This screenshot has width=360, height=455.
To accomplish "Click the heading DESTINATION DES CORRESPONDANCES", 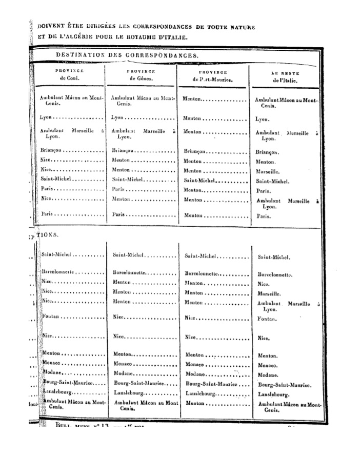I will [x=127, y=54].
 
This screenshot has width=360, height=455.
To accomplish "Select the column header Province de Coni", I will [x=69, y=75].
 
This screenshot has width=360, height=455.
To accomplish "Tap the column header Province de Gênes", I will [x=141, y=75].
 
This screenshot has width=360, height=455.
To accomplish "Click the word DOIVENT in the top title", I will [x=50, y=27].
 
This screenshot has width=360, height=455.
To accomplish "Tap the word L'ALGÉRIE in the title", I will [x=75, y=37].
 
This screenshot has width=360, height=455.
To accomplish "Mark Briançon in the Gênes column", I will [x=123, y=151].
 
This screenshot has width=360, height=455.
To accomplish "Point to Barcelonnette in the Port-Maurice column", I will [x=202, y=274].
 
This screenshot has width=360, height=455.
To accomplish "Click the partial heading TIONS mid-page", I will [x=48, y=234].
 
